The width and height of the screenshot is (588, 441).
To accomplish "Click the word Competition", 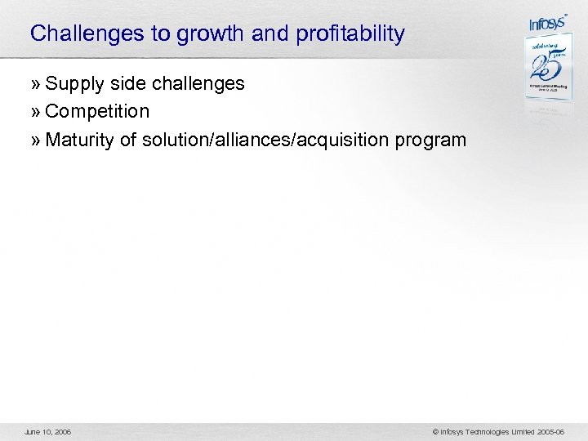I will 97,112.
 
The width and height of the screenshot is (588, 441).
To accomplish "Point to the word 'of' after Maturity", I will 128,140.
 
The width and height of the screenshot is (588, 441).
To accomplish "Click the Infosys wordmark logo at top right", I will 547,24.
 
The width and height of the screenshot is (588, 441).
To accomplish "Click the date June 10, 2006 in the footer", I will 48,430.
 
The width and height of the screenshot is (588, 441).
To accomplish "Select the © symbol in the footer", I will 436,430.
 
